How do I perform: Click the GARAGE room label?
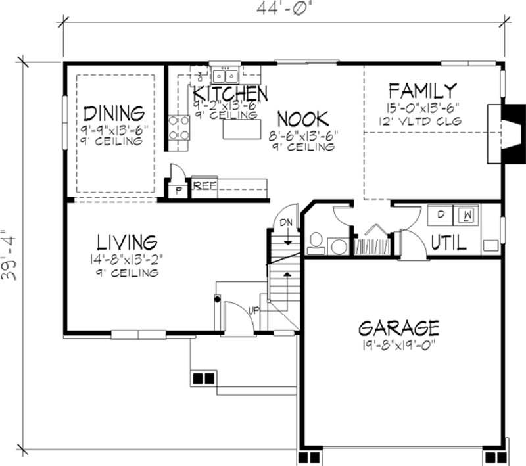(398, 327)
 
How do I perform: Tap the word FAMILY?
(421, 91)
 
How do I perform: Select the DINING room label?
(114, 112)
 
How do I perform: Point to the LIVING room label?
(128, 241)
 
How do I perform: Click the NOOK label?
(302, 119)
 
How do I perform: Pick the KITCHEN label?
(229, 93)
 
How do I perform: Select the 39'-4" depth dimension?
(11, 256)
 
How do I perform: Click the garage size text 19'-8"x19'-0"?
(399, 343)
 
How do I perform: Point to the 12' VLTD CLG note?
(421, 121)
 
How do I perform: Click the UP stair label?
(252, 308)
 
